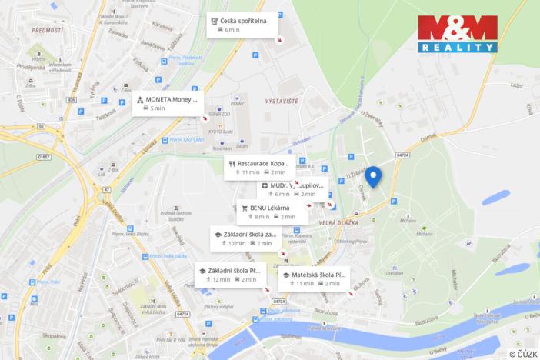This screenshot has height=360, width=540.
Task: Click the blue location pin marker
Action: pos(373,176)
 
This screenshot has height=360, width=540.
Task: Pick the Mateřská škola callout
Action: pos(314,278)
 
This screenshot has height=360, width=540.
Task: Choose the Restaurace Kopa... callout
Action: pos(259,167)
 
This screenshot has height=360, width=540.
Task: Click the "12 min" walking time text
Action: pos(222,279)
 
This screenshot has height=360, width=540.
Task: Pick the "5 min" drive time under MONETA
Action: pos(157,108)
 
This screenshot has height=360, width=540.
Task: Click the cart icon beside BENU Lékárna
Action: pos(245,208)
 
